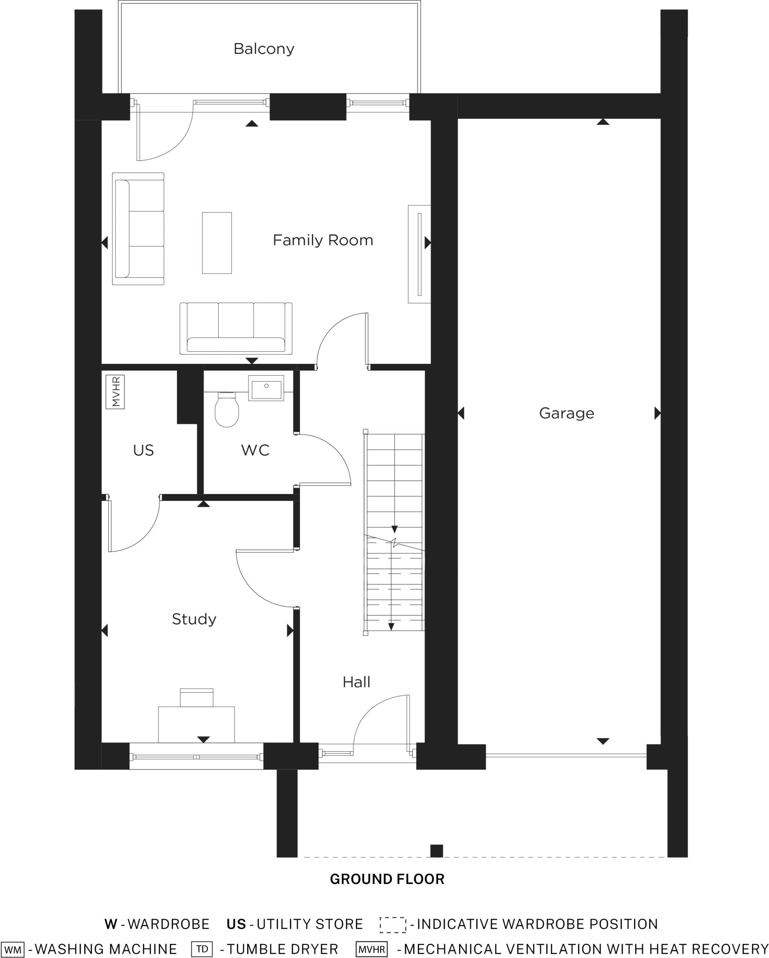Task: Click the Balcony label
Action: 264,49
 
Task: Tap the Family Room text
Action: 323,240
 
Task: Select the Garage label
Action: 566,413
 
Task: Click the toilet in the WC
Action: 227,410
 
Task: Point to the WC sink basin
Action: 266,388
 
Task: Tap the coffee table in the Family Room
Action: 217,242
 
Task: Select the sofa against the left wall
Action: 138,229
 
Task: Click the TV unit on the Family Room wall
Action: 419,254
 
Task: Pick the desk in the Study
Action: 196,724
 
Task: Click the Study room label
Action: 194,619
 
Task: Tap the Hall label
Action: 356,682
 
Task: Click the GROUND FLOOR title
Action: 387,879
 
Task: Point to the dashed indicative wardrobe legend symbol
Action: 393,924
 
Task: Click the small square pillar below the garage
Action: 436,851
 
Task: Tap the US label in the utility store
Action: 143,450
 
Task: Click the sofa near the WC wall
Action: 236,328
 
